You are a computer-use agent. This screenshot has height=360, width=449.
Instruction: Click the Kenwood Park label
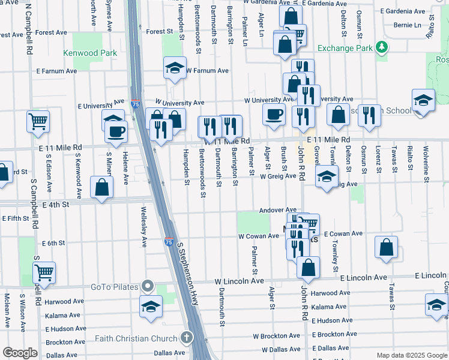90,53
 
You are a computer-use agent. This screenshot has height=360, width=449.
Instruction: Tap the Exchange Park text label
343,48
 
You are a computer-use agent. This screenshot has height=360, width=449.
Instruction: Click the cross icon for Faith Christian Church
187,338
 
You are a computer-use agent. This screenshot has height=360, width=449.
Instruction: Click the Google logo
20,353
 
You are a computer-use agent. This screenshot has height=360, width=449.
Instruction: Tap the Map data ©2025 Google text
411,355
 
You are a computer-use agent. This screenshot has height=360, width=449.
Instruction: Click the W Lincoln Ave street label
239,281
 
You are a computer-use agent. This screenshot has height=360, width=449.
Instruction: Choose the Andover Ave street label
278,211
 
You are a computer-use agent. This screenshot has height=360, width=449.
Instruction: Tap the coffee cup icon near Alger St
274,114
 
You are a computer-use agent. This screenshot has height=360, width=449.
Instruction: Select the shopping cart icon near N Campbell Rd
38,121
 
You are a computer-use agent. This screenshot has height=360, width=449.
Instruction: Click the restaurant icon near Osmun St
369,115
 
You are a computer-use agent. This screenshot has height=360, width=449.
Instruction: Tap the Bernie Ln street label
408,25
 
